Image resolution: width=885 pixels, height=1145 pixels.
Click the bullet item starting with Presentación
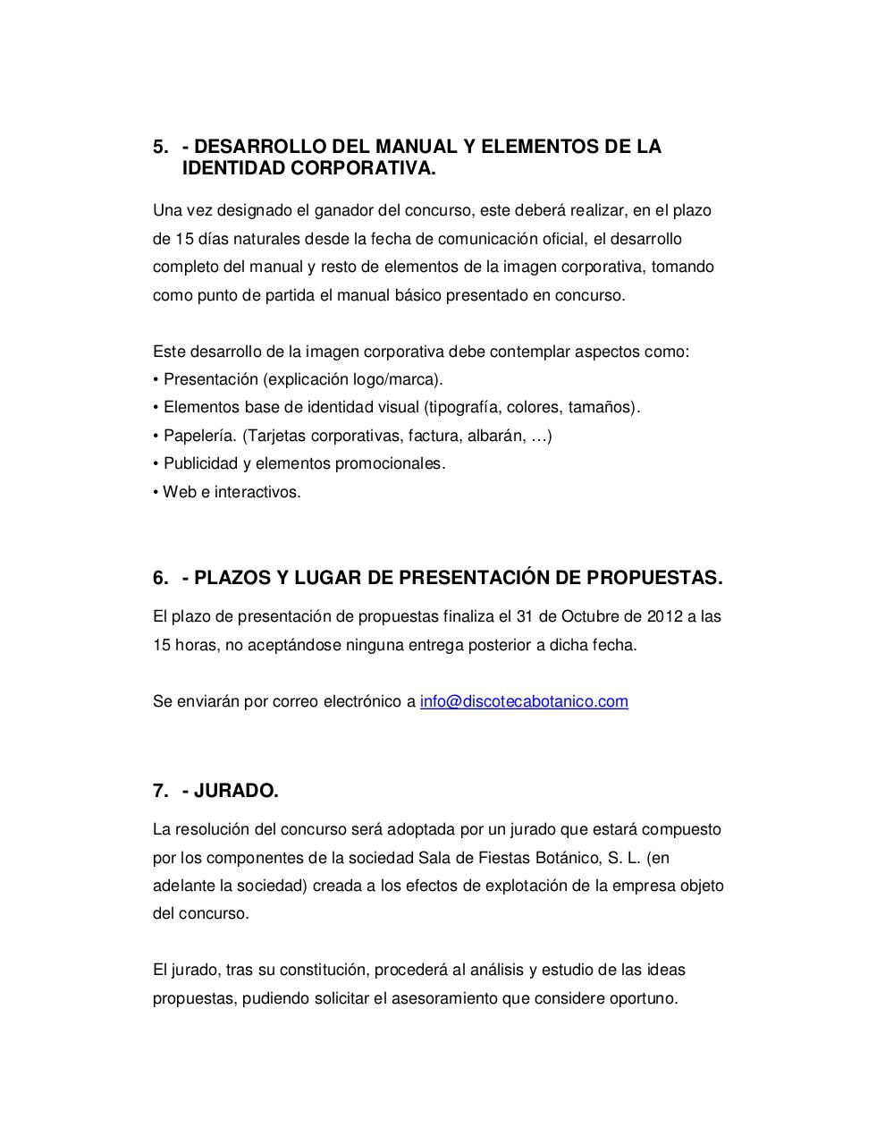coord(299,379)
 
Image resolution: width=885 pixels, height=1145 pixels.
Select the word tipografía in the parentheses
coord(463,408)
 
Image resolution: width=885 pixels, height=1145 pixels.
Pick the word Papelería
coord(200,436)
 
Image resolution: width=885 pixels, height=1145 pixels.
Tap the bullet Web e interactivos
coord(228,492)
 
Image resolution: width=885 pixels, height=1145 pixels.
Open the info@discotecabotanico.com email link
coord(524,701)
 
